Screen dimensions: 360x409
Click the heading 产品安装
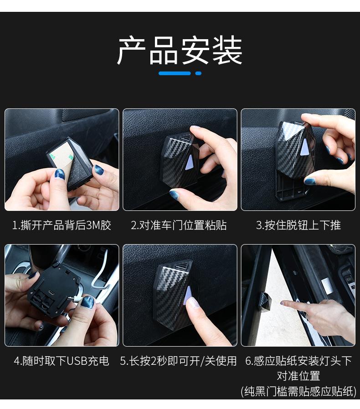click(x=180, y=51)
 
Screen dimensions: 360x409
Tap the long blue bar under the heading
click(x=175, y=73)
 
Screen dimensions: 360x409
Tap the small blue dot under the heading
click(x=198, y=73)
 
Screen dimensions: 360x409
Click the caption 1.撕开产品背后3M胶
click(x=62, y=225)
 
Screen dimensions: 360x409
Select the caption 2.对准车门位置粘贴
click(x=179, y=225)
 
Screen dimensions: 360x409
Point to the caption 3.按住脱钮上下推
click(x=298, y=225)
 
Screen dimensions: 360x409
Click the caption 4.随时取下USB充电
click(x=62, y=361)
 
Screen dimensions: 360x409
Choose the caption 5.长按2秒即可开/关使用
click(x=178, y=361)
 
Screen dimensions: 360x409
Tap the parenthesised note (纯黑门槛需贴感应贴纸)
click(x=298, y=391)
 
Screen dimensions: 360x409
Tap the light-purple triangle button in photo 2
click(x=189, y=163)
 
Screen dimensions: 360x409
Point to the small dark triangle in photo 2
click(x=187, y=137)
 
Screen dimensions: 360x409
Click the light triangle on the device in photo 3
click(x=303, y=147)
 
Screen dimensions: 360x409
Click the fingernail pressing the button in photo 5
click(x=193, y=302)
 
